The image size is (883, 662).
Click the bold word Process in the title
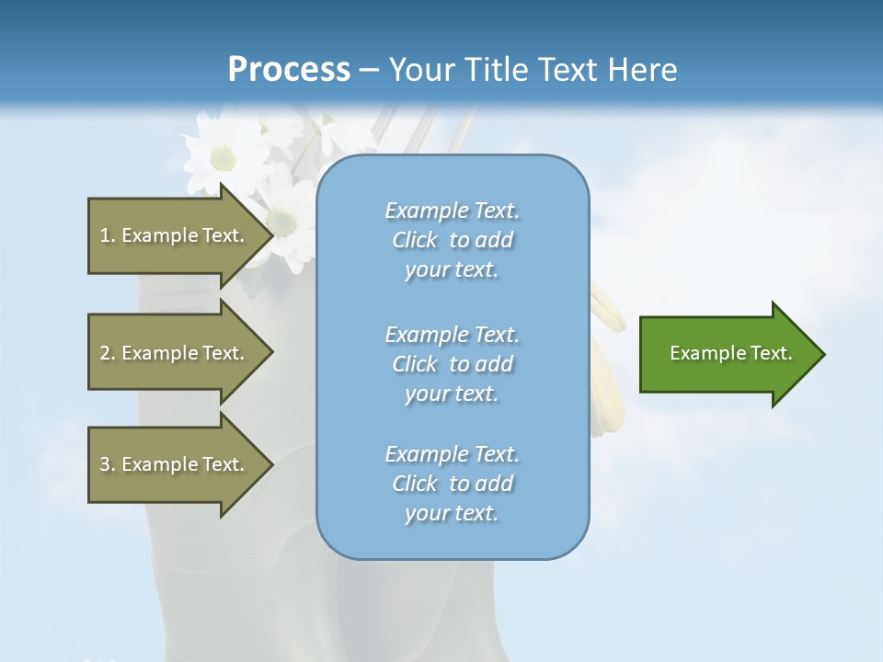click(289, 70)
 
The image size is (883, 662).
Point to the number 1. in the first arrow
click(108, 235)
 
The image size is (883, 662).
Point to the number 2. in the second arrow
click(108, 353)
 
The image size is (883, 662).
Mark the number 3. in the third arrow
click(108, 464)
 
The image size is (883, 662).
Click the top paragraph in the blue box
click(452, 240)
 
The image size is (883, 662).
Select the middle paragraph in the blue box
click(452, 364)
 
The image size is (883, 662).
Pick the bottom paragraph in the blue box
click(452, 484)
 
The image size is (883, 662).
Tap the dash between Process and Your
click(369, 70)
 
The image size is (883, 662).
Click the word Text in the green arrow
click(771, 353)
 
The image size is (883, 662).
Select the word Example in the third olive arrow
click(159, 464)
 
